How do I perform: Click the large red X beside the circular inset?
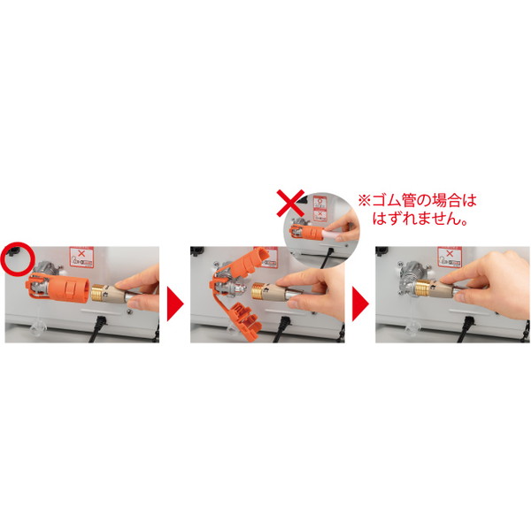290,204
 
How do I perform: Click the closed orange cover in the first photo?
58,289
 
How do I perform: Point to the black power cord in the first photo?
97,328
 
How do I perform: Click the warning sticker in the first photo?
81,258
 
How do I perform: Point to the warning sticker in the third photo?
450,258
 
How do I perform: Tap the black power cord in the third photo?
466,329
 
